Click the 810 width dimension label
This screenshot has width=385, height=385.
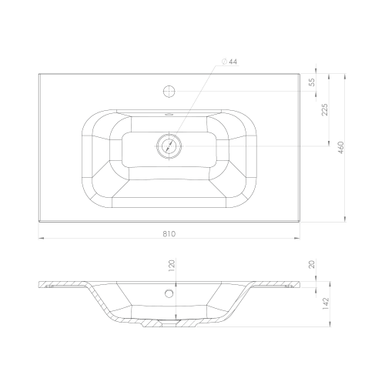169,234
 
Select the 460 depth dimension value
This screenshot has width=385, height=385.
341,148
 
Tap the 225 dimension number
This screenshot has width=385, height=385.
325,109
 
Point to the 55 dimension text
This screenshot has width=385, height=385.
312,82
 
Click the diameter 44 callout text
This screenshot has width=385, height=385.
229,62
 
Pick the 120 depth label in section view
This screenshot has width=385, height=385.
172,266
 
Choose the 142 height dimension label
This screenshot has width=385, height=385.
326,303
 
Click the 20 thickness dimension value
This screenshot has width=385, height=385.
312,264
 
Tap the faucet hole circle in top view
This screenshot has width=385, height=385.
169,91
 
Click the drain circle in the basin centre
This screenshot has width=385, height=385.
169,146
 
